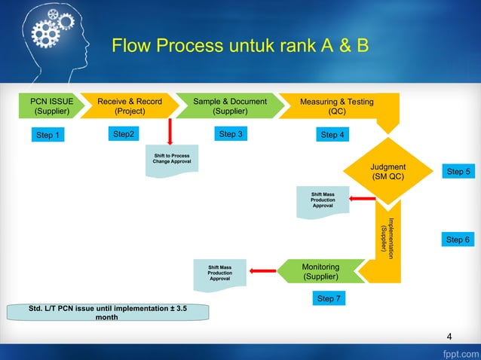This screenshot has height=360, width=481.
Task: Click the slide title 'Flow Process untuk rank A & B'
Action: pos(240,47)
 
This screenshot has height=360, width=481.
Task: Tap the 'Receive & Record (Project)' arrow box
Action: pos(129,106)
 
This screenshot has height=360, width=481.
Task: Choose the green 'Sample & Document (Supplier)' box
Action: pos(229,106)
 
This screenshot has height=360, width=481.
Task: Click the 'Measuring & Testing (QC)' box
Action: pos(336,106)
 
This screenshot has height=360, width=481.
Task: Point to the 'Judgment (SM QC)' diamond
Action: pos(388,172)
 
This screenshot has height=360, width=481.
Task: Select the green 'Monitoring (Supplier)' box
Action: pos(320,272)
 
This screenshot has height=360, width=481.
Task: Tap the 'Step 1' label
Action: pos(47,136)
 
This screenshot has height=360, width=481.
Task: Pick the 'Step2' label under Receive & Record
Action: pos(124,134)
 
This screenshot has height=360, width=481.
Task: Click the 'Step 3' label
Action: pos(230,134)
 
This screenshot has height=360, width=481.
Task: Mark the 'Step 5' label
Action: pos(458,172)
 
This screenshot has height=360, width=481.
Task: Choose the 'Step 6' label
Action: pos(458,239)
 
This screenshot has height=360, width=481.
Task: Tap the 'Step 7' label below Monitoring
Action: pos(329,299)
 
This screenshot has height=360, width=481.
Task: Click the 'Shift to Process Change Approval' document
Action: pos(172,161)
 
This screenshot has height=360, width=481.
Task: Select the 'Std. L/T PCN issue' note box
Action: pos(107,313)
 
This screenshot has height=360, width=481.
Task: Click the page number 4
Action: pos(449,336)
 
